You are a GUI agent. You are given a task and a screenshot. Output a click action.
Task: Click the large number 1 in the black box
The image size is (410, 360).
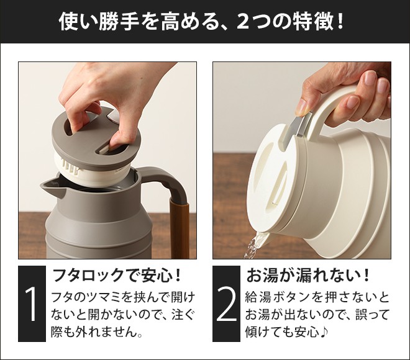pyautogui.click(x=32, y=305)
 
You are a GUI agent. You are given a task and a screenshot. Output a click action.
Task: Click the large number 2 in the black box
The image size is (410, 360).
pyautogui.click(x=227, y=305)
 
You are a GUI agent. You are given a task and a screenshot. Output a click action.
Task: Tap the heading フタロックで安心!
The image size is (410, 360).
pyautogui.click(x=117, y=276)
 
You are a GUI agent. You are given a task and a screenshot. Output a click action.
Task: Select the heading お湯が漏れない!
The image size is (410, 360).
pyautogui.click(x=308, y=276)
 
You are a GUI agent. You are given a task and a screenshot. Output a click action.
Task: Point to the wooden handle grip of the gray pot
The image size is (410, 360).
pyautogui.click(x=180, y=227)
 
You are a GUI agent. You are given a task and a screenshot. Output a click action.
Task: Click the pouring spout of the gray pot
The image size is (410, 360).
pyautogui.click(x=52, y=187)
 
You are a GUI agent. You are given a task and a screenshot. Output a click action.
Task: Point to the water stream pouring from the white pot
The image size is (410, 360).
pyautogui.click(x=254, y=245)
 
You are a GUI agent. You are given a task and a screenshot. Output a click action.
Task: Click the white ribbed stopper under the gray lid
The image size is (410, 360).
pyautogui.click(x=91, y=170)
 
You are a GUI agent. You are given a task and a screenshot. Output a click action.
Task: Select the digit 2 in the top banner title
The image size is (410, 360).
pyautogui.click(x=243, y=22)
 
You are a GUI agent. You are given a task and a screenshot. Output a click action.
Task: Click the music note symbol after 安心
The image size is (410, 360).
pyautogui.click(x=326, y=332)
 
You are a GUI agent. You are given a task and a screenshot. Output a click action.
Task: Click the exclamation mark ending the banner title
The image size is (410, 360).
pyautogui.click(x=340, y=22)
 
